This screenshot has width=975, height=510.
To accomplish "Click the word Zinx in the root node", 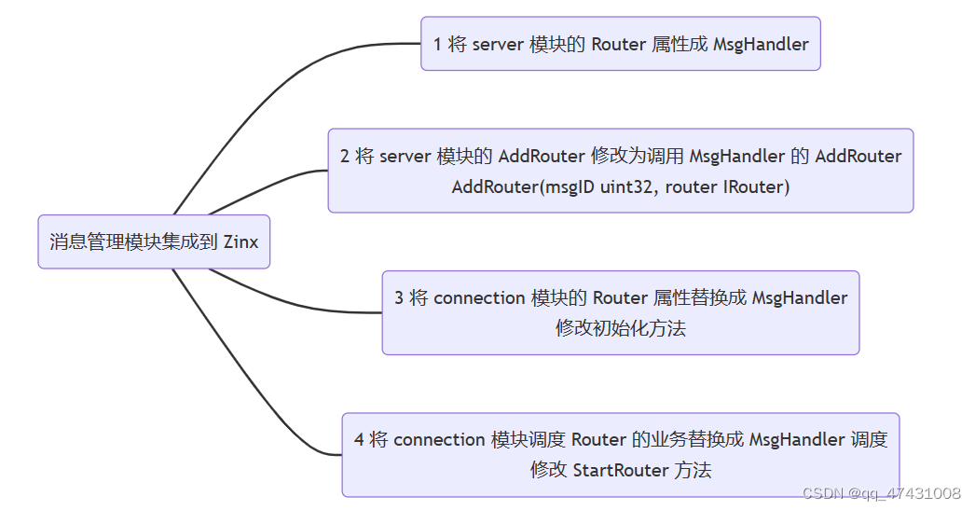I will (x=240, y=242).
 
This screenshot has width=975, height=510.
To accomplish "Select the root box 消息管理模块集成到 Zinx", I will (x=154, y=242).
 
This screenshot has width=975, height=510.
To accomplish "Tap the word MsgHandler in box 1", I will (x=761, y=44).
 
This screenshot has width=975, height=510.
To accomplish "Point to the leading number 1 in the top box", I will (x=438, y=44).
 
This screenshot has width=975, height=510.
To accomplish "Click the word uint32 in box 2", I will (x=629, y=186).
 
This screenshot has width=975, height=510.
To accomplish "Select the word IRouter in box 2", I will (x=756, y=186).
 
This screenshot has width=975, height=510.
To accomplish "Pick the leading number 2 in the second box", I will (x=345, y=157).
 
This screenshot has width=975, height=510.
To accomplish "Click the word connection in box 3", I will (x=479, y=298).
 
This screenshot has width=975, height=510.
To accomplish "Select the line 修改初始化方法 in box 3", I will (x=621, y=328).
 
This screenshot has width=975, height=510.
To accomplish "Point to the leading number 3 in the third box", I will (x=399, y=298).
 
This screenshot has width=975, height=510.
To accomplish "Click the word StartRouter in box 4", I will (x=620, y=470).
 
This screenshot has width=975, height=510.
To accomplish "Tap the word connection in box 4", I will (x=439, y=440).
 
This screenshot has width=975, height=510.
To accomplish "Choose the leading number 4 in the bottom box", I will (x=359, y=440).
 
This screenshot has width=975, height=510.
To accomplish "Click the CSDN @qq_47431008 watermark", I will (x=882, y=493).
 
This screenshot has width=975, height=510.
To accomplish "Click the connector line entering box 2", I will (x=280, y=178).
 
